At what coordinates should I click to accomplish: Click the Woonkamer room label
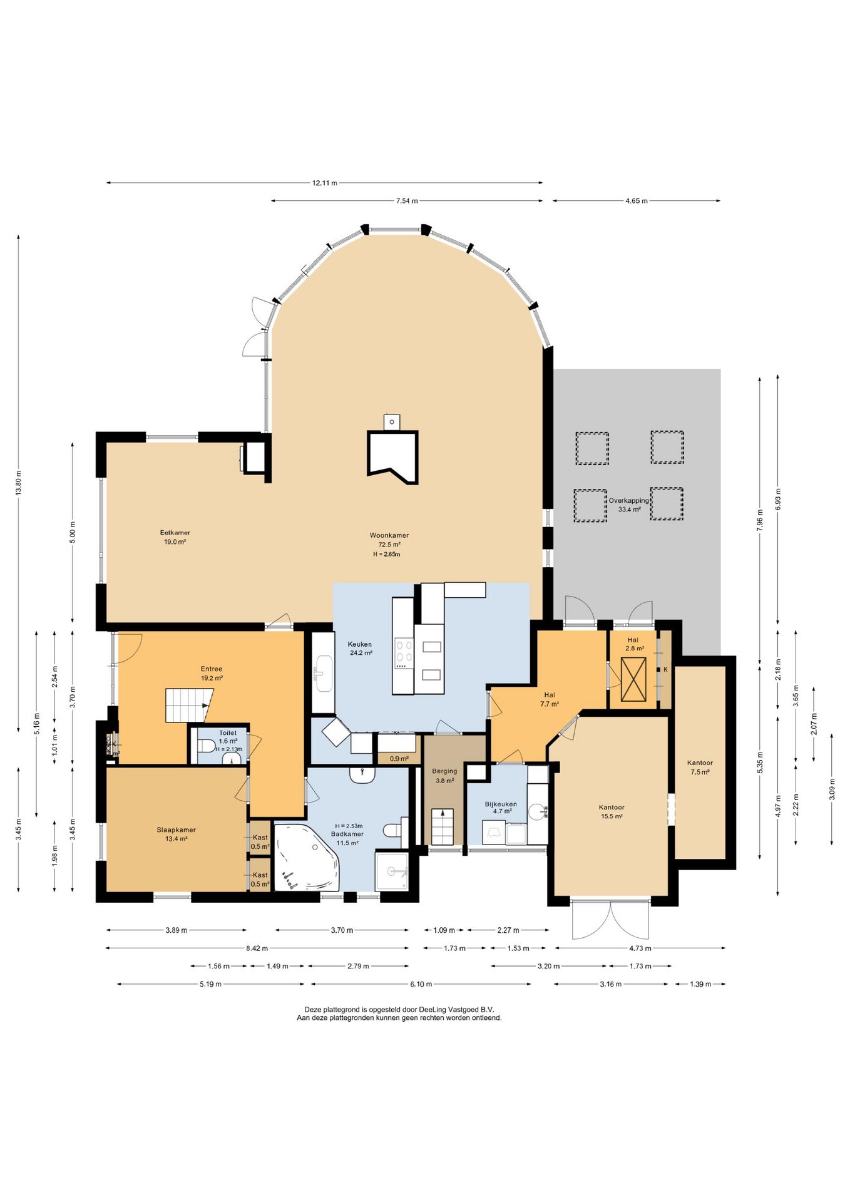click(389, 535)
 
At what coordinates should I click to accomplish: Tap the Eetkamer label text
click(175, 533)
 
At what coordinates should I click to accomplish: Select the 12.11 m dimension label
click(325, 183)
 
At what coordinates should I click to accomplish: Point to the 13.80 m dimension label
click(18, 482)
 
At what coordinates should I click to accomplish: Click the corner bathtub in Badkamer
click(307, 857)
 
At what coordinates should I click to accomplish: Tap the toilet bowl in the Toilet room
click(206, 746)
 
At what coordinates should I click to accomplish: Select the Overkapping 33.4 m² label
click(629, 505)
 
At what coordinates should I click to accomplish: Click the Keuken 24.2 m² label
click(360, 648)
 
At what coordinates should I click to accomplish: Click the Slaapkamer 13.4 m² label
click(176, 834)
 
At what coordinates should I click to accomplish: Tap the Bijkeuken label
click(501, 804)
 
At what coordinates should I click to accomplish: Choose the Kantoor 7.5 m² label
click(700, 767)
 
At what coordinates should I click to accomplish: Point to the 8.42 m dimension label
click(257, 948)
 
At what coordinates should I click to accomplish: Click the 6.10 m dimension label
click(421, 984)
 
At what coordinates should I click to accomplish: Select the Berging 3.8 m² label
click(444, 776)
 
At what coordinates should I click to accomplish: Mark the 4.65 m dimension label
click(636, 201)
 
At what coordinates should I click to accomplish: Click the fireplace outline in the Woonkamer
click(392, 457)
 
